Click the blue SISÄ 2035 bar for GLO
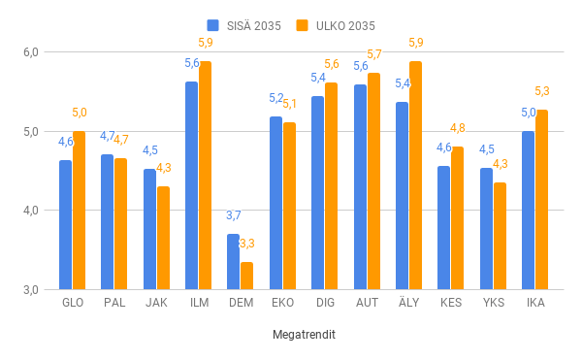click(x=65, y=224)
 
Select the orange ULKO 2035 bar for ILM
click(x=205, y=175)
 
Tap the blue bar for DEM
click(x=233, y=261)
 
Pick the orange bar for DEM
click(x=246, y=276)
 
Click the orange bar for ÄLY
click(x=415, y=175)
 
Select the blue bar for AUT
click(x=360, y=186)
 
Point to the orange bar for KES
click(x=457, y=217)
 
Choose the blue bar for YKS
click(x=486, y=228)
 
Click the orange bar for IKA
click(x=541, y=199)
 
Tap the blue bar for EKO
click(x=275, y=203)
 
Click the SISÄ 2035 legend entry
click(x=243, y=25)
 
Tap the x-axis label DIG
click(x=325, y=303)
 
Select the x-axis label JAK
click(x=156, y=303)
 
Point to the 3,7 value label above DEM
click(x=234, y=215)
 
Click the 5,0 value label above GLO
click(x=79, y=113)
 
